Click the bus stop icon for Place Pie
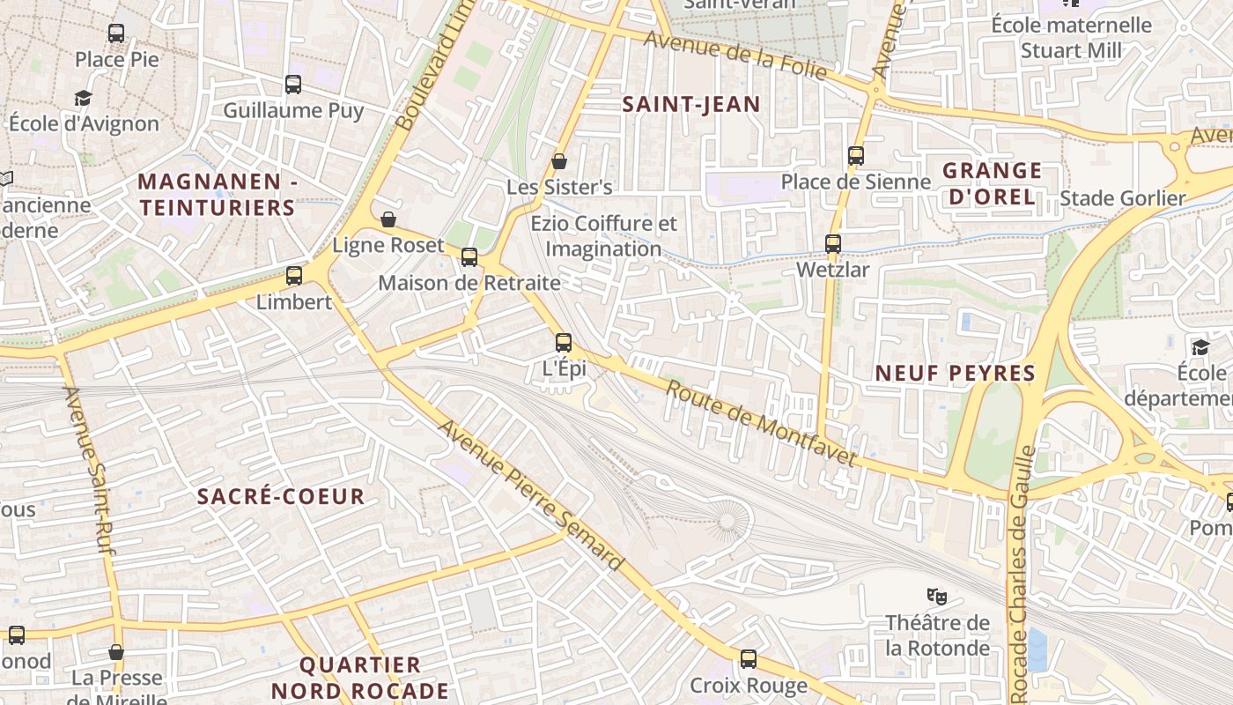click(x=116, y=33)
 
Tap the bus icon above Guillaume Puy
click(x=293, y=85)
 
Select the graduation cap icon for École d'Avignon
click(x=83, y=98)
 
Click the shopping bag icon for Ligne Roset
click(x=388, y=219)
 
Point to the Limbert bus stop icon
click(x=294, y=276)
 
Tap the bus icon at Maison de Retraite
click(x=469, y=256)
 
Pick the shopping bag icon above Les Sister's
click(x=558, y=161)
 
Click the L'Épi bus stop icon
click(x=564, y=343)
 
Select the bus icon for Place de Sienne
click(x=856, y=156)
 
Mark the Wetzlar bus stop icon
click(x=833, y=243)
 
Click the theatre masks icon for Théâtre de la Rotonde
click(x=937, y=597)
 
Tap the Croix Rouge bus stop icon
click(x=749, y=658)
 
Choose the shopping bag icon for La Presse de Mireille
click(x=116, y=652)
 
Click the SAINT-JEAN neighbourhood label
click(x=691, y=104)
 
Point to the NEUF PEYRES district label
click(x=955, y=373)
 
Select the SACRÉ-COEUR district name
click(x=281, y=496)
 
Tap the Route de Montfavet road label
click(x=761, y=423)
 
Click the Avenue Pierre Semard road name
click(x=531, y=495)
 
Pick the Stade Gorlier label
click(x=1123, y=198)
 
